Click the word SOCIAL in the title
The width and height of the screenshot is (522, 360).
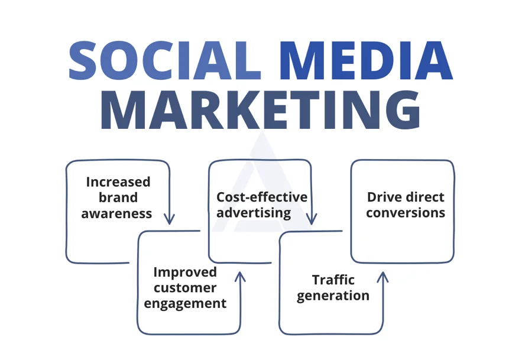click(x=164, y=61)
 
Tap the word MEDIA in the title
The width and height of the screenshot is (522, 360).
click(x=366, y=61)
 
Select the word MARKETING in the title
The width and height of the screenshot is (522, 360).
click(x=260, y=109)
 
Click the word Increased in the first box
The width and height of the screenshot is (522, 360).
click(x=118, y=182)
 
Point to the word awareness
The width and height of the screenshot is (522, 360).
click(x=116, y=213)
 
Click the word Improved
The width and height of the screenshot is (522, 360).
click(x=185, y=273)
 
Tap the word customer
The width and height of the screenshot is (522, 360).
click(x=185, y=288)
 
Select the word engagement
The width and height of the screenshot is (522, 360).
click(x=185, y=304)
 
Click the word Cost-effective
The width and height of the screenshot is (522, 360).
click(x=262, y=197)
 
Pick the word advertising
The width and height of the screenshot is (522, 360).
click(x=254, y=213)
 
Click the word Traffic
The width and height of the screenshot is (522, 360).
click(x=333, y=280)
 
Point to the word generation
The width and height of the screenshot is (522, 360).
click(x=333, y=296)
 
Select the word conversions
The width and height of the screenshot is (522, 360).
click(x=406, y=213)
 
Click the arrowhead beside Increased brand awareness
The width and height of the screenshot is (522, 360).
click(x=169, y=219)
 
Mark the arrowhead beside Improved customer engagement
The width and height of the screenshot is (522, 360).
click(x=240, y=277)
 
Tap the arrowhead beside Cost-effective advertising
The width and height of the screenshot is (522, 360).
click(x=312, y=219)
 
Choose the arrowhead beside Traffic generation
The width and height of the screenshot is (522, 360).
click(x=382, y=277)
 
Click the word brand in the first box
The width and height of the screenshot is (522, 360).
click(x=118, y=197)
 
